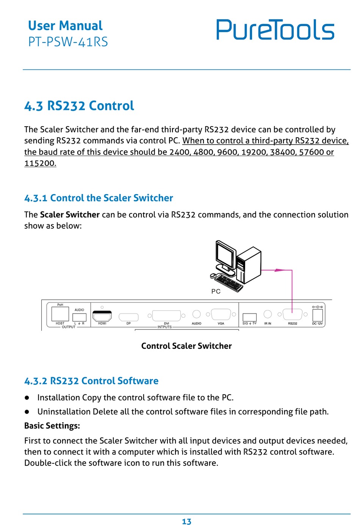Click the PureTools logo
tap(275, 30)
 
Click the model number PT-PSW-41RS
tap(68, 42)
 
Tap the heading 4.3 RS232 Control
tap(79, 106)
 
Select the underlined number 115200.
tap(40, 163)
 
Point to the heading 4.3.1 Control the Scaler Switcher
tap(99, 198)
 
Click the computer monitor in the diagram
tap(225, 255)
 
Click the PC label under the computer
tap(216, 291)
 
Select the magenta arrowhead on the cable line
tap(280, 270)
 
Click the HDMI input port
tap(102, 316)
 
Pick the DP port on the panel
tap(128, 317)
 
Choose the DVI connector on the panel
tap(166, 315)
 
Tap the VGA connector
tap(221, 315)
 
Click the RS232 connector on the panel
tap(292, 315)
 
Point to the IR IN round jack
tap(268, 314)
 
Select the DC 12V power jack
tap(317, 315)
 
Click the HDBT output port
tap(60, 314)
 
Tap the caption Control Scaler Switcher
tap(186, 346)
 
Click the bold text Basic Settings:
tap(52, 426)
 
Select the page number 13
tap(186, 522)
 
